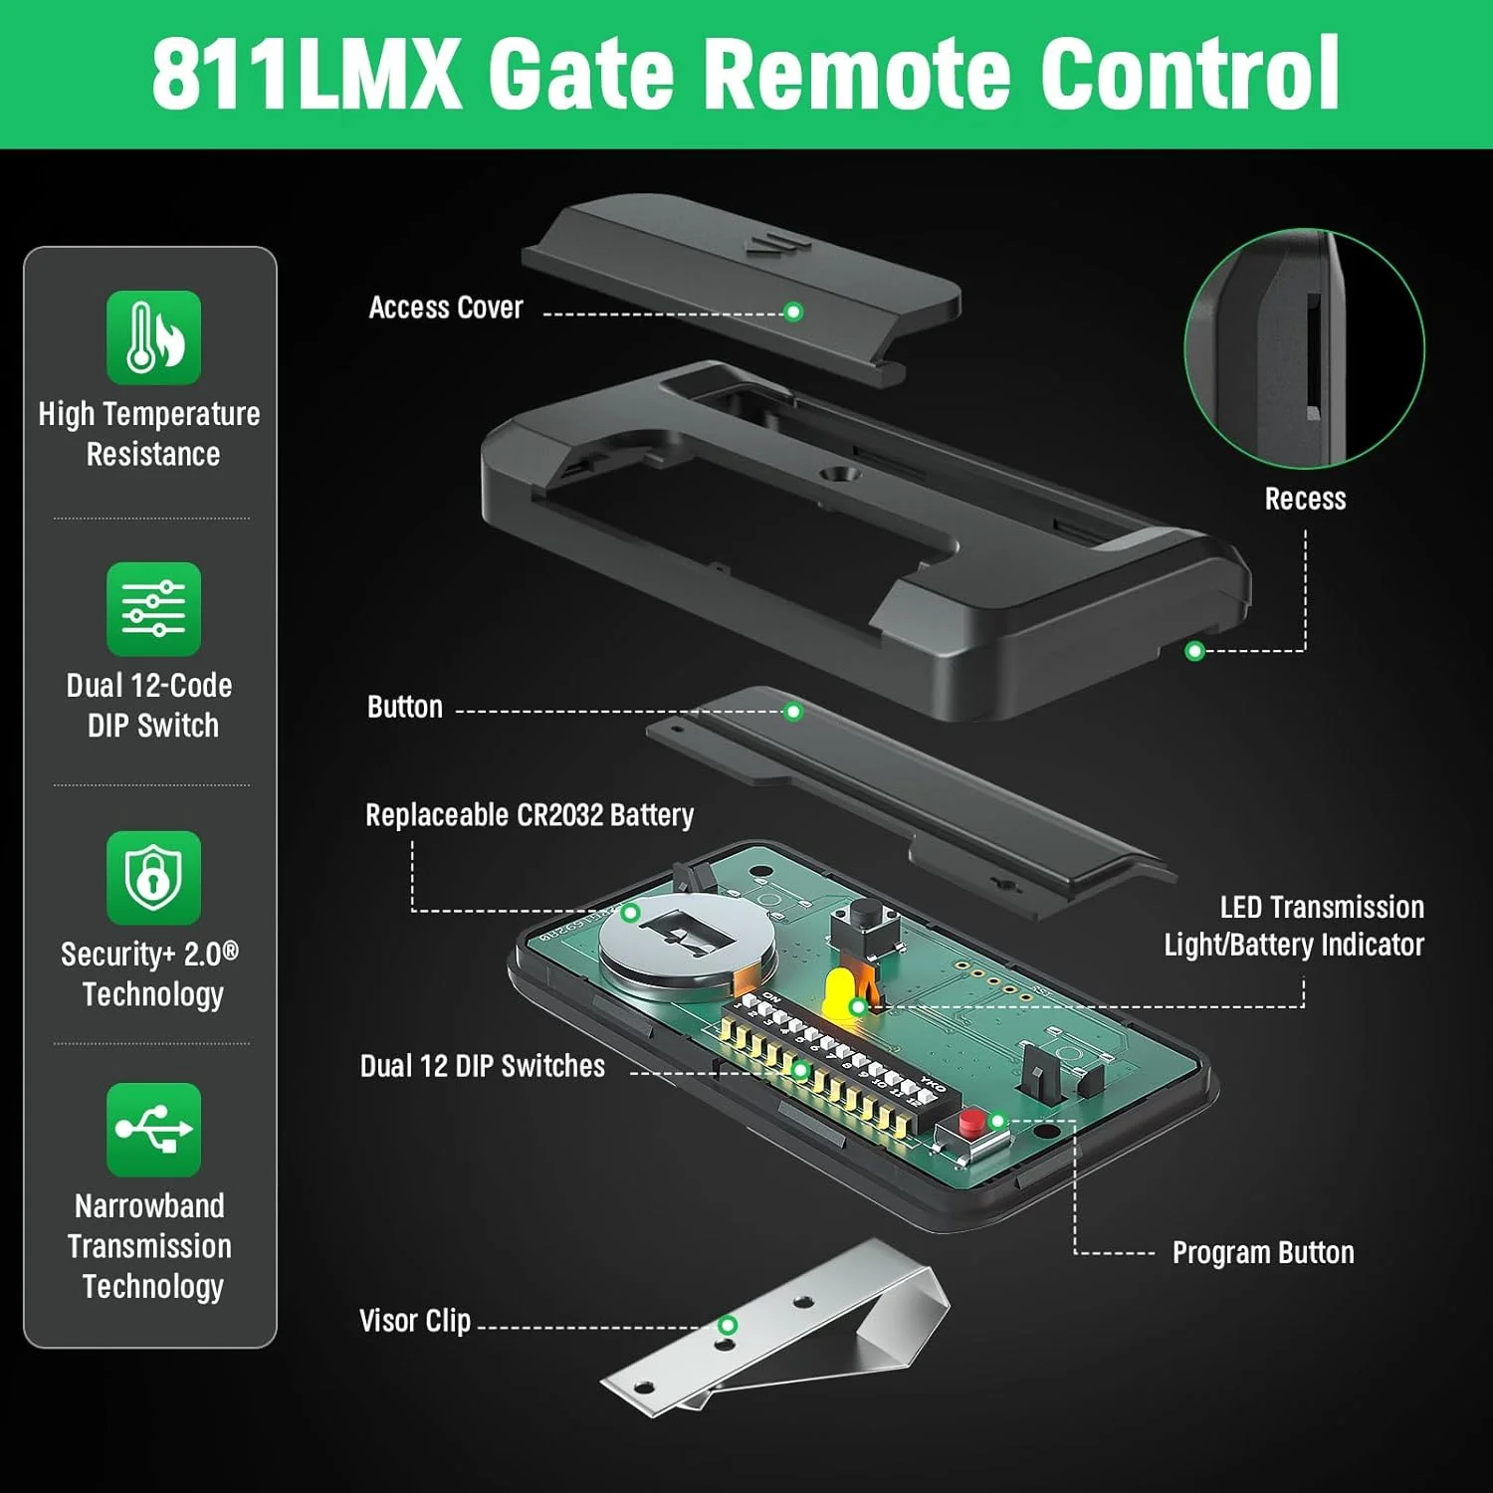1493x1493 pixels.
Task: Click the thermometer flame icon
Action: pos(153,337)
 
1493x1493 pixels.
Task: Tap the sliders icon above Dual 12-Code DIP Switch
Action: pos(153,609)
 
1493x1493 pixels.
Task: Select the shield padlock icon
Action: pos(153,878)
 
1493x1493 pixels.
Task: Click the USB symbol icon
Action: pos(153,1130)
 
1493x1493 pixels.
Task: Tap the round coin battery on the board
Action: pos(687,946)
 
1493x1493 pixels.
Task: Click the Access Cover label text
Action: pos(446,308)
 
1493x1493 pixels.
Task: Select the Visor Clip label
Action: pos(414,1321)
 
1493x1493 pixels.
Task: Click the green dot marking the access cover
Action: pos(793,312)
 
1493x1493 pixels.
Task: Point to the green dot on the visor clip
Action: pos(728,1325)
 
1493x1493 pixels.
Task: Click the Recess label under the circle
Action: pos(1305,499)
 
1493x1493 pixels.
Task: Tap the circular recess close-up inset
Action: pos(1304,348)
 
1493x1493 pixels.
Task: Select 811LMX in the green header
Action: pos(307,74)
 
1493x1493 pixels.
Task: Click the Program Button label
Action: pos(1263,1252)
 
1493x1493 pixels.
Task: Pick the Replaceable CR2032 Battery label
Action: pos(530,815)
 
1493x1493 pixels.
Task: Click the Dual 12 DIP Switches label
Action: pos(483,1066)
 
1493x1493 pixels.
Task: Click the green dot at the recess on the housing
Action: pos(1194,651)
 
